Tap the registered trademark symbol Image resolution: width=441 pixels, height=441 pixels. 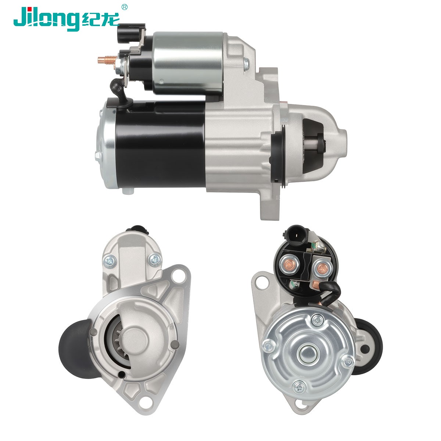[x=124, y=7]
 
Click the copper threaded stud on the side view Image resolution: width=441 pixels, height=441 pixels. [x=107, y=60]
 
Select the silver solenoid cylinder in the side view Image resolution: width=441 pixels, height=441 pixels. [x=188, y=63]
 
